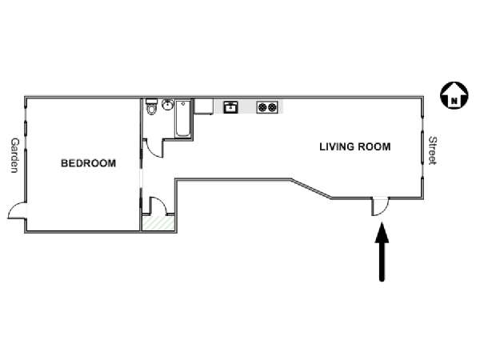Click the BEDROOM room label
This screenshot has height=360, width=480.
tap(89, 163)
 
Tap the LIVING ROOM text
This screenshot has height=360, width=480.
tap(355, 147)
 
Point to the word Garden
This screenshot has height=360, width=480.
tap(14, 155)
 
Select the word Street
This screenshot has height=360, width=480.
tap(433, 150)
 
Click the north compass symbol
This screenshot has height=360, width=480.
tap(454, 95)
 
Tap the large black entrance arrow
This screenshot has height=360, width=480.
tap(382, 252)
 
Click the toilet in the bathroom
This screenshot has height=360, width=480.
tap(151, 106)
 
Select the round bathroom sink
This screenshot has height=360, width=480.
tap(167, 104)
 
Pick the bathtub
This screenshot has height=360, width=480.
tap(183, 118)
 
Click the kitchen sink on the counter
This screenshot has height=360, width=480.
tap(230, 107)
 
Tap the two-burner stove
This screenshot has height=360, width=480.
tap(267, 107)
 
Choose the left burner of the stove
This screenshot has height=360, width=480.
tap(262, 107)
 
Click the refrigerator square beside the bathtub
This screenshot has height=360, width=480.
tap(204, 106)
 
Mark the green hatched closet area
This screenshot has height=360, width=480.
tap(158, 222)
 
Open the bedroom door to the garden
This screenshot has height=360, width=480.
tap(17, 210)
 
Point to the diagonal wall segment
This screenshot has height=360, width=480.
tap(311, 189)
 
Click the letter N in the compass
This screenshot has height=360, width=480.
tap(454, 101)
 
